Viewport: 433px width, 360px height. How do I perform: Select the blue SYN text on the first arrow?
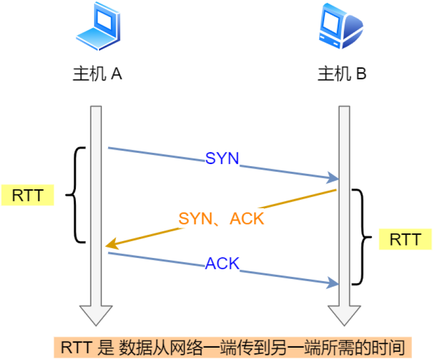(222, 158)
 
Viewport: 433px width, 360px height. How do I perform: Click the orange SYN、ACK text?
(221, 219)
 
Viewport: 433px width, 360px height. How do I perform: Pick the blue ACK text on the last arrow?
(222, 264)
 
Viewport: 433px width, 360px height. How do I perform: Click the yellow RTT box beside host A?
(28, 195)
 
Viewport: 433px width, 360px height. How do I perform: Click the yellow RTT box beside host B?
(405, 239)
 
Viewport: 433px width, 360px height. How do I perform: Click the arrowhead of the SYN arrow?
(334, 178)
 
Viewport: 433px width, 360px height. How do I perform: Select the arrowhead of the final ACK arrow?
(334, 283)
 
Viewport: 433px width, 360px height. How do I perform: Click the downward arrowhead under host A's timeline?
(96, 314)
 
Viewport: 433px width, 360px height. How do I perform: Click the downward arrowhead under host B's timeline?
(344, 314)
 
